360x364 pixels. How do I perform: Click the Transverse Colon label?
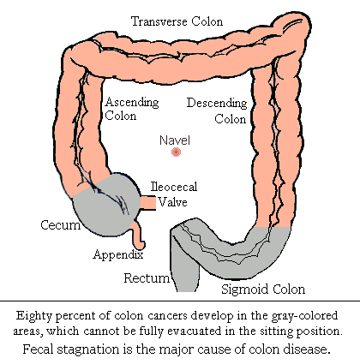177,21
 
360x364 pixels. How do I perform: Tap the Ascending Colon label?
132,109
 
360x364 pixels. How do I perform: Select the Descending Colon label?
217,110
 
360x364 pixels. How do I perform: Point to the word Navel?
175,140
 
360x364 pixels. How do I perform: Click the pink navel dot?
176,152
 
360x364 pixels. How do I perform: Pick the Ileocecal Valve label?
174,194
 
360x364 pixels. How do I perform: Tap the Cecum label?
61,225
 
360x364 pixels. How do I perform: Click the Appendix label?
118,254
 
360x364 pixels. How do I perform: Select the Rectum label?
147,277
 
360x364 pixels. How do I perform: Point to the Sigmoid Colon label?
263,289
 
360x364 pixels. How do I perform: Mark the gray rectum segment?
184,266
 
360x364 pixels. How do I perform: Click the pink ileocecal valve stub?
148,202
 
